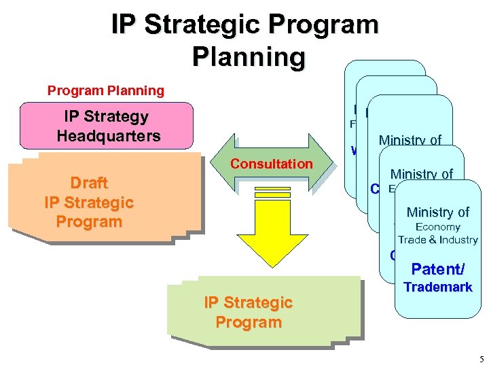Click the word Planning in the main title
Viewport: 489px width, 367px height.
249,56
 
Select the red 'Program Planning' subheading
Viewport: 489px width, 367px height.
105,90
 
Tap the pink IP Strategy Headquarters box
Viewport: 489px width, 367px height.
107,126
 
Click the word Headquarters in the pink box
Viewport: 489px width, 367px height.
109,135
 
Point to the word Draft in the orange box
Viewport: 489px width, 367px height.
89,183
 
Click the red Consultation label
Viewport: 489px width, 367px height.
271,164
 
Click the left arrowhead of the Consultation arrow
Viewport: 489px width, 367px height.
215,162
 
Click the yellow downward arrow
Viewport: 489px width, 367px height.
272,231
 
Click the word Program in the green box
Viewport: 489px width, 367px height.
249,322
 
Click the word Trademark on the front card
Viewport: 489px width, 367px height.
438,287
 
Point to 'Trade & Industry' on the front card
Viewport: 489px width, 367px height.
438,239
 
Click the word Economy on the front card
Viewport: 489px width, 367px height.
438,227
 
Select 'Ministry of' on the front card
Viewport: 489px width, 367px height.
438,213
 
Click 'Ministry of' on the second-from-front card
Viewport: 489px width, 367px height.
422,174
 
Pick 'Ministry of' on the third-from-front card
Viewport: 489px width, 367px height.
410,141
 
